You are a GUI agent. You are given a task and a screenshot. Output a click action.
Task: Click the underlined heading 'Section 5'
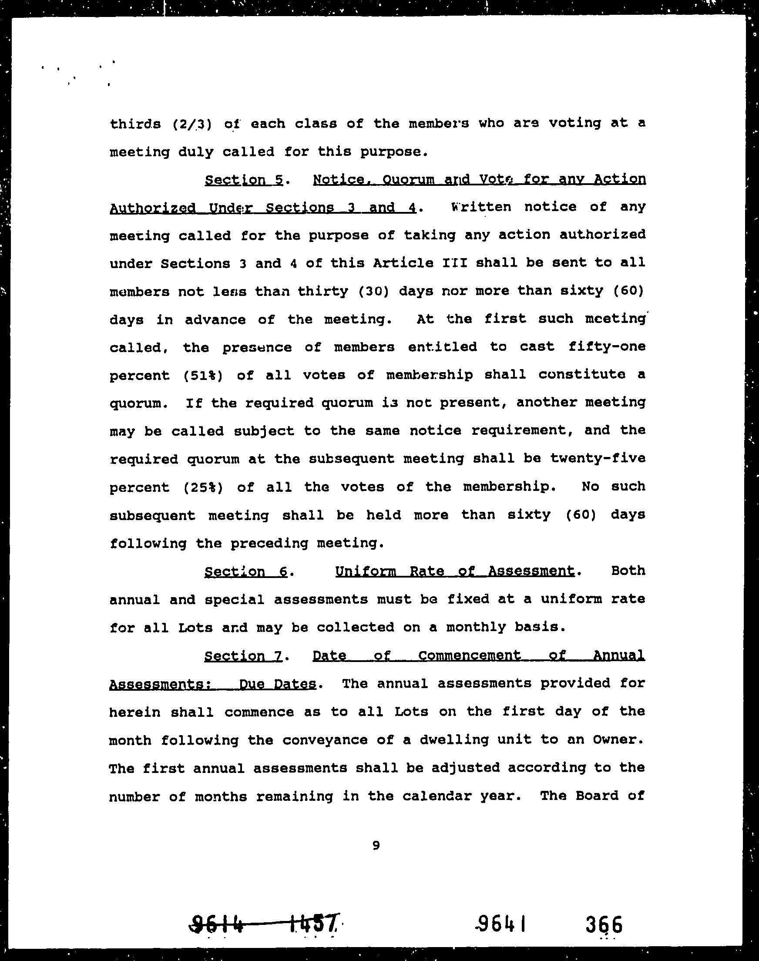pos(244,180)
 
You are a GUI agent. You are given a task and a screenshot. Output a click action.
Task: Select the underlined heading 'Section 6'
pos(246,571)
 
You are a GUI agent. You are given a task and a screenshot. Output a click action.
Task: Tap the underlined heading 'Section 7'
pos(243,656)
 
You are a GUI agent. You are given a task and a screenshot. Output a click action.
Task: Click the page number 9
pos(376,846)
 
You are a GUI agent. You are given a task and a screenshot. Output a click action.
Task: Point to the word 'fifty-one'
pos(607,346)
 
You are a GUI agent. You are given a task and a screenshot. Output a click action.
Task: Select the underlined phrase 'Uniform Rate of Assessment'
pos(455,571)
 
